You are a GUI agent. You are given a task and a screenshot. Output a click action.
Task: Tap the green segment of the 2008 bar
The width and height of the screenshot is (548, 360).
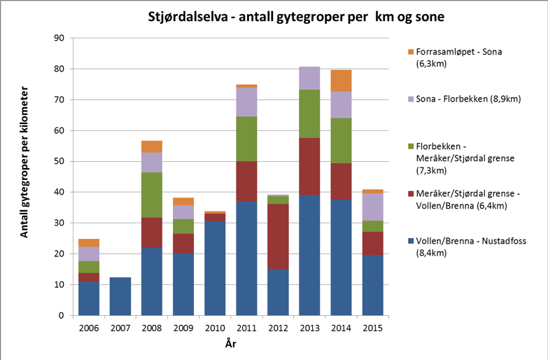(x=151, y=195)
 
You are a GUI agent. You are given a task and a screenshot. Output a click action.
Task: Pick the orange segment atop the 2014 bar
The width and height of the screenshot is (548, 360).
(x=341, y=81)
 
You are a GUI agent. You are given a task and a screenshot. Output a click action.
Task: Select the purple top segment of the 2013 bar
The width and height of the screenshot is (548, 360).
(x=309, y=78)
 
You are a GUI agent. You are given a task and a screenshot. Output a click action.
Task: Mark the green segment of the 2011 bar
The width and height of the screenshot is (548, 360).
(x=246, y=139)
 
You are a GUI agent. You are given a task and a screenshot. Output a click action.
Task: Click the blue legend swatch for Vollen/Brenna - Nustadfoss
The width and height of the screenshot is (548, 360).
(x=410, y=242)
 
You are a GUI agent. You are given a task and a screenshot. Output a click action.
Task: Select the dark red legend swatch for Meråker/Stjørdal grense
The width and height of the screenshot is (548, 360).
(x=410, y=195)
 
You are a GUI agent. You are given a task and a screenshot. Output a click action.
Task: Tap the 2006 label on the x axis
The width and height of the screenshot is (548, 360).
(x=88, y=328)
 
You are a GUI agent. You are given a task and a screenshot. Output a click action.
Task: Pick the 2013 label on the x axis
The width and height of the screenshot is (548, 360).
(x=309, y=328)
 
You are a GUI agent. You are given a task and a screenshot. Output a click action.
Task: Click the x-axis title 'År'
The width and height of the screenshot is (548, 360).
(x=230, y=344)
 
